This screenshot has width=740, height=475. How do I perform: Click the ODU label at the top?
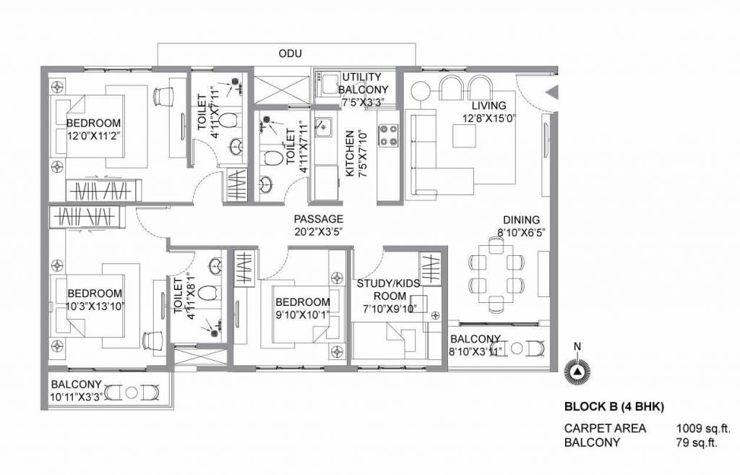click(x=289, y=54)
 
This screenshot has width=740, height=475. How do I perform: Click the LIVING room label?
click(x=489, y=106)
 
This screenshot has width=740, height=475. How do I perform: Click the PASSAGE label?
click(x=318, y=219)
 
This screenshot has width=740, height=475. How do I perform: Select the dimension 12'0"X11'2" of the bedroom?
click(x=94, y=135)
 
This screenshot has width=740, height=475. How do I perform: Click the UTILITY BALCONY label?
click(x=367, y=83)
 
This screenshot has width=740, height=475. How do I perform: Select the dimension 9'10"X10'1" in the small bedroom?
click(x=302, y=314)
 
